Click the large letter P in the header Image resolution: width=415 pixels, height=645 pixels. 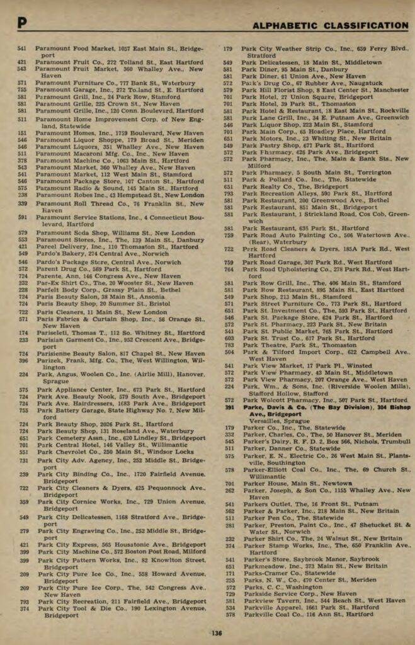[22, 24]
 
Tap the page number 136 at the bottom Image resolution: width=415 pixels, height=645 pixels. [216, 633]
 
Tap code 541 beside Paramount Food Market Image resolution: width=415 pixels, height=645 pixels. [22, 49]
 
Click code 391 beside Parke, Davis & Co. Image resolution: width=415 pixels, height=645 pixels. [229, 408]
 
